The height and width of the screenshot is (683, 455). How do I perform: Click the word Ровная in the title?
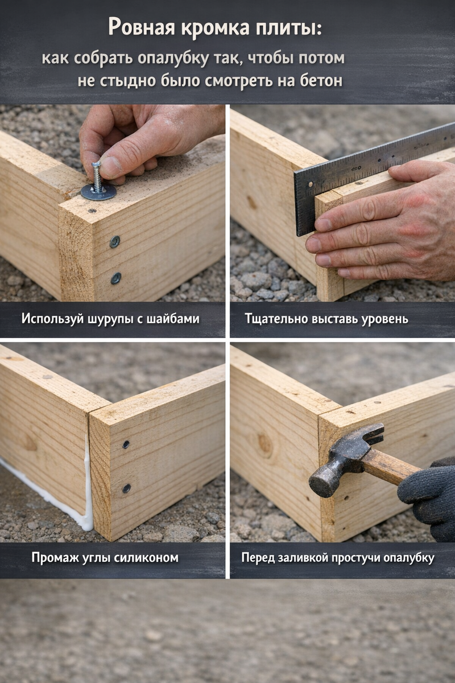pyautogui.click(x=142, y=27)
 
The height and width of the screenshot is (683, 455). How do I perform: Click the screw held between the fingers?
pyautogui.click(x=97, y=177)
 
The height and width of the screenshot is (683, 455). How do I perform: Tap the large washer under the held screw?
pyautogui.click(x=98, y=192)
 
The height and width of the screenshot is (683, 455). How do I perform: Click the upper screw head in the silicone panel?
pyautogui.click(x=126, y=445)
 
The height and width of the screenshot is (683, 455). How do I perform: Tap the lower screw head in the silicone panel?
pyautogui.click(x=126, y=488)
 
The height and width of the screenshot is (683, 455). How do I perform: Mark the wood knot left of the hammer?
pyautogui.click(x=264, y=446)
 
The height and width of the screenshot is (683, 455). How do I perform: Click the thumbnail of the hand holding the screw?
pyautogui.click(x=111, y=167)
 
